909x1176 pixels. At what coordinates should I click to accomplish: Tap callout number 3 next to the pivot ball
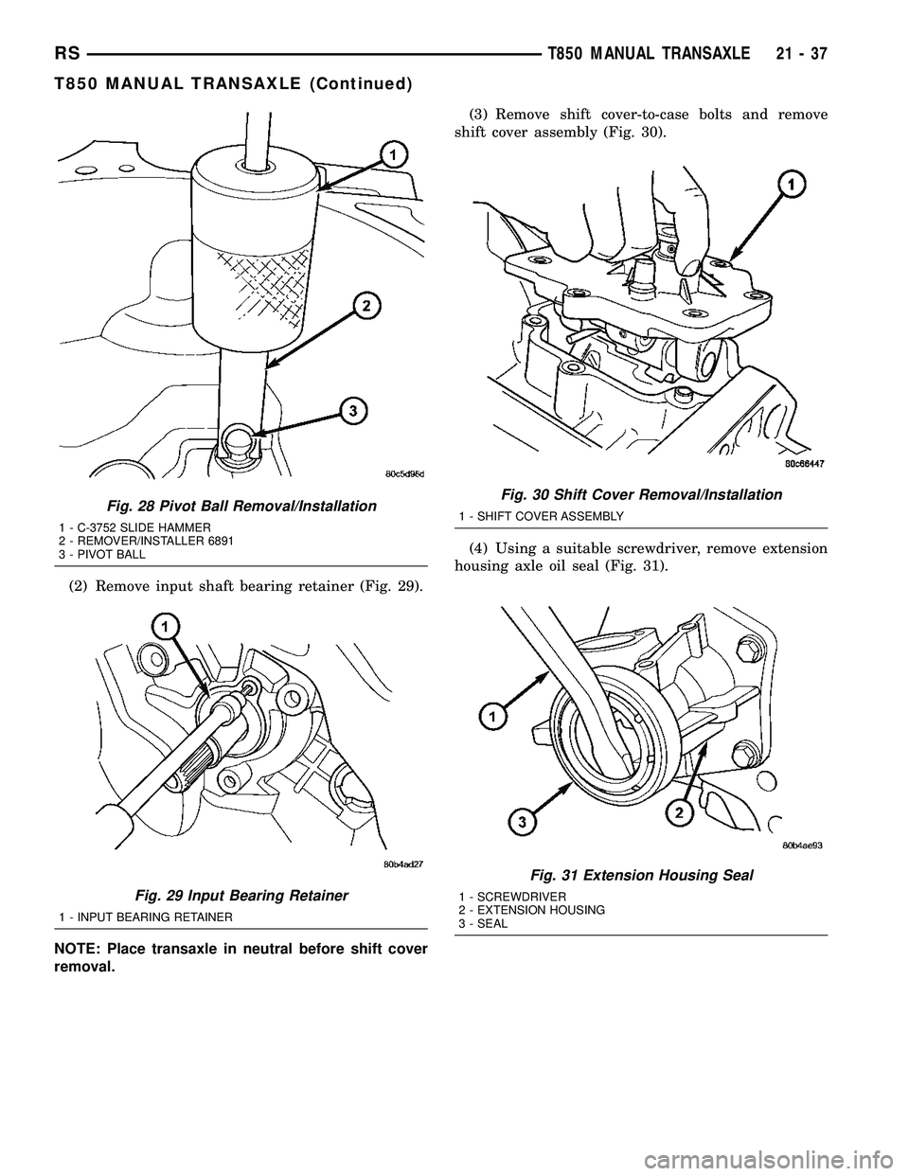click(x=352, y=411)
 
